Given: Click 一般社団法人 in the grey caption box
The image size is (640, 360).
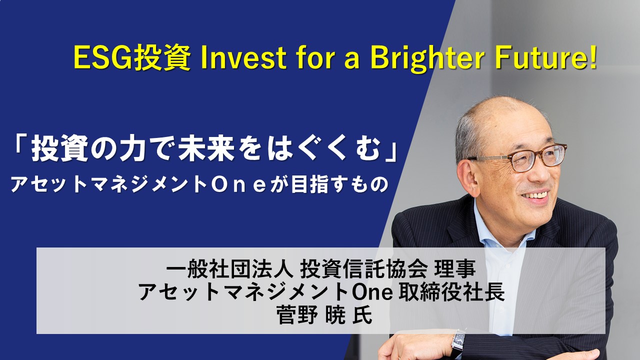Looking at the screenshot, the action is [x=229, y=269].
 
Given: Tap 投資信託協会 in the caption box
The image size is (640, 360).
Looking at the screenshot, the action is [x=363, y=269].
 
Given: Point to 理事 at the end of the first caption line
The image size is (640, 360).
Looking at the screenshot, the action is [x=454, y=269].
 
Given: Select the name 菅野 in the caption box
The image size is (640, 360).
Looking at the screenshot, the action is [x=297, y=315].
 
